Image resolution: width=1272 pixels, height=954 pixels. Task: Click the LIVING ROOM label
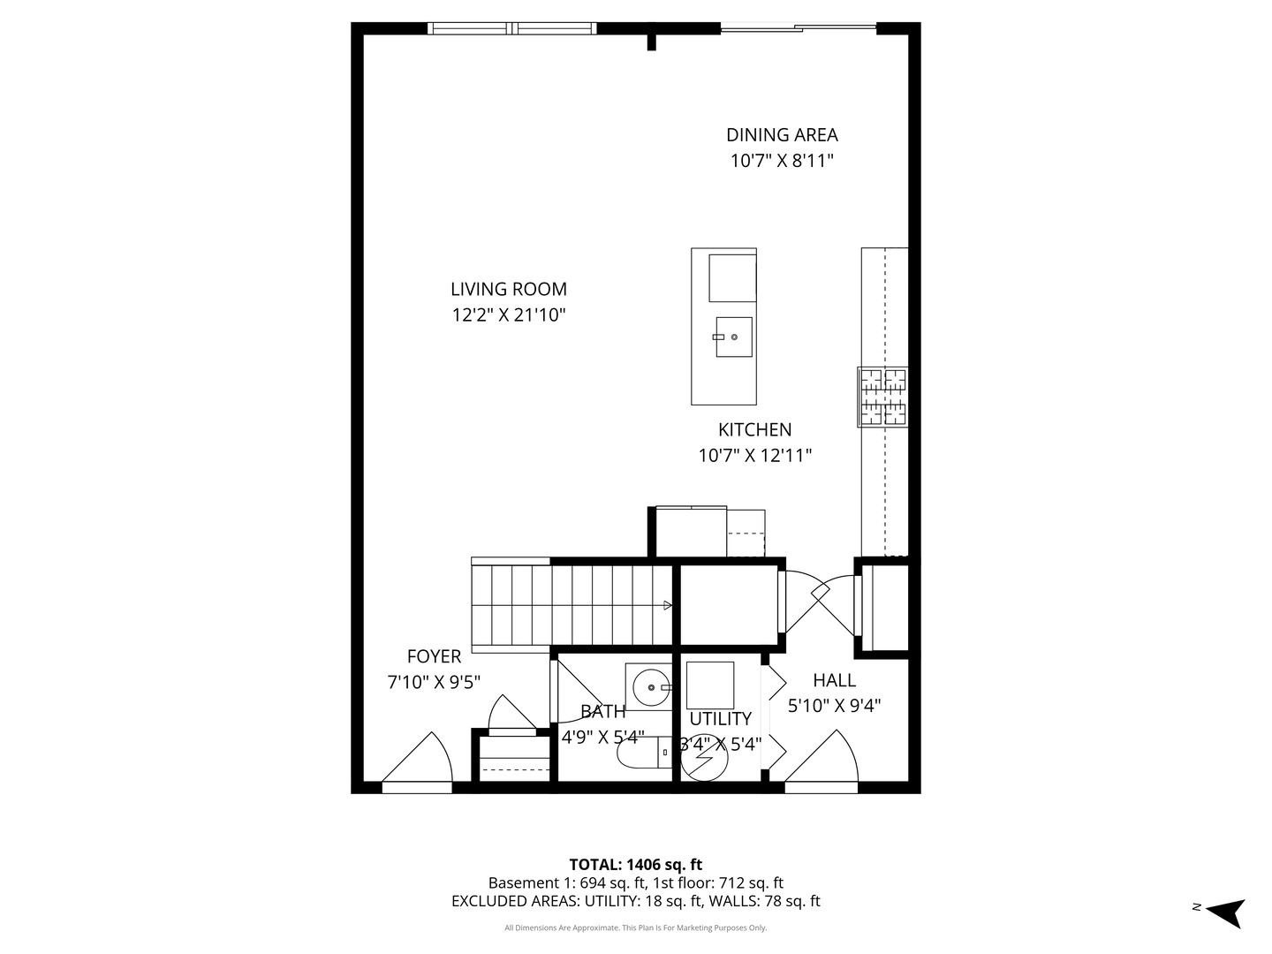508,289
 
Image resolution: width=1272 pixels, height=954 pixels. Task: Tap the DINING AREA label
782,135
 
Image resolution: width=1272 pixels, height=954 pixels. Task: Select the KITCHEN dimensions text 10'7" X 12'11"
754,456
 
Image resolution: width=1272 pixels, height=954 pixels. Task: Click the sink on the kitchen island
733,337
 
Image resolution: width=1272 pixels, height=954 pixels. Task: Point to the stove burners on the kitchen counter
883,397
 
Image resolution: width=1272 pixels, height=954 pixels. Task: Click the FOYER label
434,656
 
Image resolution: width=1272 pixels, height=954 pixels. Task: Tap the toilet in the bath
644,753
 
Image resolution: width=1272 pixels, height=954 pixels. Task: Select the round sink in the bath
651,686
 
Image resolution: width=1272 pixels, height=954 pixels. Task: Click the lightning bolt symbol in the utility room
705,761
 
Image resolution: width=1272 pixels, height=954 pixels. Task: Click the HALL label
834,680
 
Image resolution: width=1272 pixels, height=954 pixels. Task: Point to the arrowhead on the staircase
667,605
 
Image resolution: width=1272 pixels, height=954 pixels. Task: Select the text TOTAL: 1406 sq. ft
635,865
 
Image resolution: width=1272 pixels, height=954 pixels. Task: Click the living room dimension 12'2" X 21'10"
508,315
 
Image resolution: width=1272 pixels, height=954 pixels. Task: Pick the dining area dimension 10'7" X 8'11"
782,161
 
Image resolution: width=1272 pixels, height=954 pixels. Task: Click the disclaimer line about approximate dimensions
635,928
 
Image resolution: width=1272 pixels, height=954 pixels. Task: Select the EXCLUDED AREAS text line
635,901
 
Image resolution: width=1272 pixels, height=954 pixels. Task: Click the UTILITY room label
720,719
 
